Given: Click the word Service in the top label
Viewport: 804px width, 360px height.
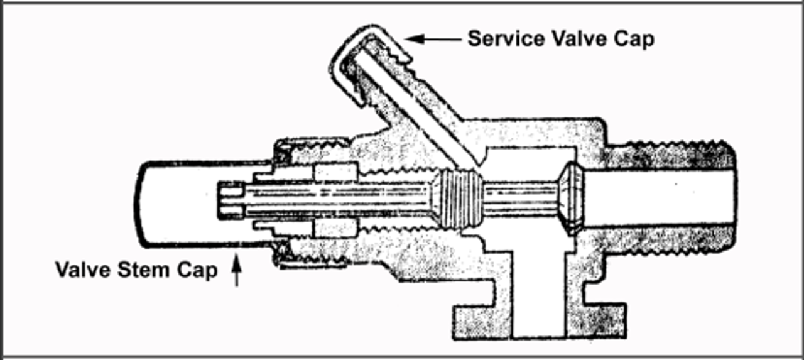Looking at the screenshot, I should (507, 39).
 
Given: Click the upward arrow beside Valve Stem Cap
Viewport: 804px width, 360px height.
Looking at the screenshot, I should (237, 271).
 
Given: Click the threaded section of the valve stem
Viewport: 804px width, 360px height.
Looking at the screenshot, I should (457, 198).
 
